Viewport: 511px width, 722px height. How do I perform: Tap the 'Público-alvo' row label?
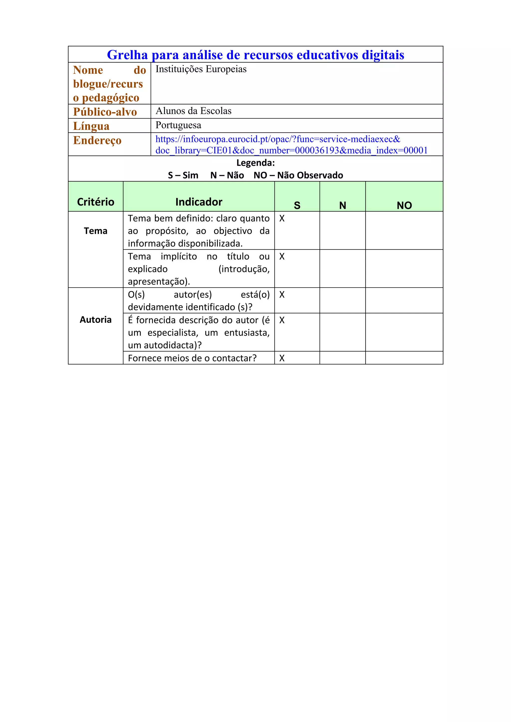click(105, 112)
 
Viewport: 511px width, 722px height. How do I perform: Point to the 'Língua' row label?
click(91, 126)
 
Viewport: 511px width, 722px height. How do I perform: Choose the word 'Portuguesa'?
click(178, 125)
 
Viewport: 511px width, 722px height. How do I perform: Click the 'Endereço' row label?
click(97, 140)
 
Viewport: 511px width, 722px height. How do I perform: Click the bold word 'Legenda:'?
click(255, 163)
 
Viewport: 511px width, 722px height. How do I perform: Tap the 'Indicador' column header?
click(199, 202)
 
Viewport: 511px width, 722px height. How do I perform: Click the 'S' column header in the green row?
click(297, 205)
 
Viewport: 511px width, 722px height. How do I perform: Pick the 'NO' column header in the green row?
click(404, 205)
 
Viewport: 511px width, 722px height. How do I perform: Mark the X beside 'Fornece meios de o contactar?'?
click(282, 358)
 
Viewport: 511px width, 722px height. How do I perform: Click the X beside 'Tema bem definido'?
click(282, 218)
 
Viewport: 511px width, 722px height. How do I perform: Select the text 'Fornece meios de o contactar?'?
click(192, 358)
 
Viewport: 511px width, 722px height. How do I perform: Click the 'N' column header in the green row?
click(343, 205)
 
